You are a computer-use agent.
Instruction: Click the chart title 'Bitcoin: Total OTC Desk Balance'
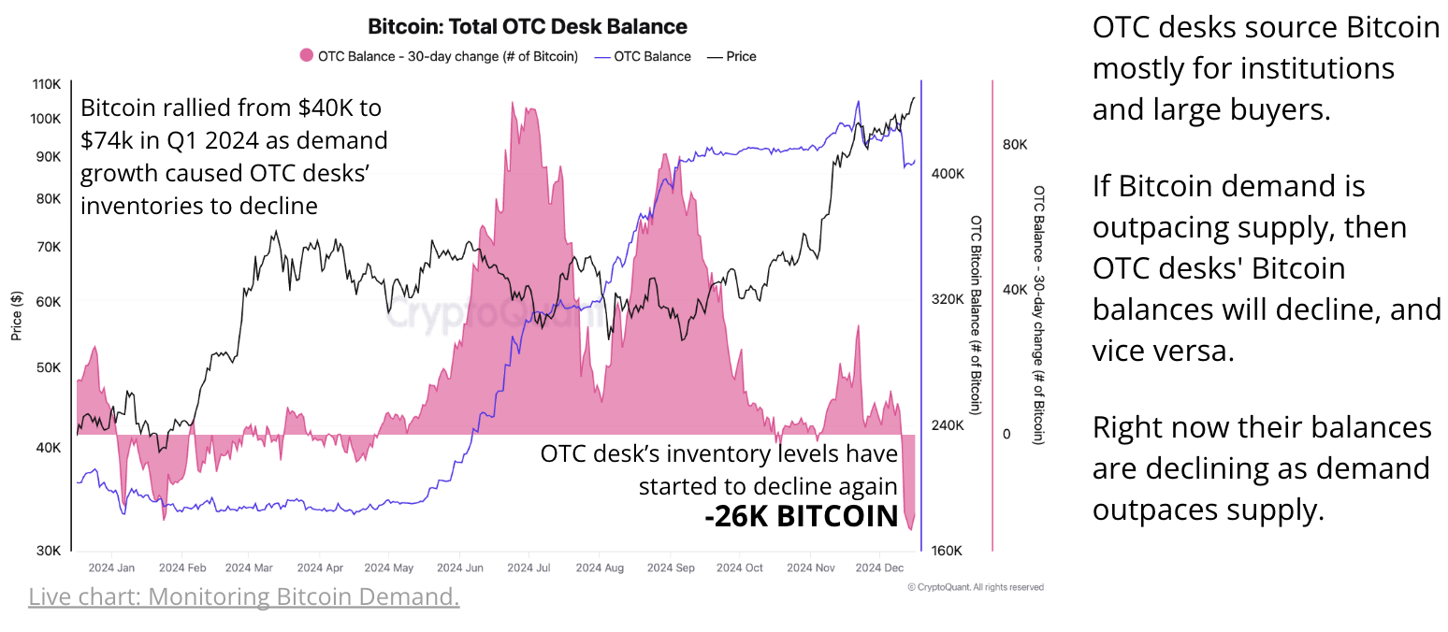(527, 26)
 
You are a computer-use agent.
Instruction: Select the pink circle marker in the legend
(307, 56)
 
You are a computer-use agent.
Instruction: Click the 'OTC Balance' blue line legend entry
(643, 56)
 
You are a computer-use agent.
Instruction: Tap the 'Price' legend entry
(731, 56)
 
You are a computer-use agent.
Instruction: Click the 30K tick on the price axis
(48, 550)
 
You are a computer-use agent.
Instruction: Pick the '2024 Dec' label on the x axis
(880, 567)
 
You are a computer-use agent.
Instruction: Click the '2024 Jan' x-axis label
(111, 567)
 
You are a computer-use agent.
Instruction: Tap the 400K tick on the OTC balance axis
(948, 174)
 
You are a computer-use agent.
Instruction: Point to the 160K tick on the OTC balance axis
(948, 550)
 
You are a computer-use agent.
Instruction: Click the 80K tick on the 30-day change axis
(1016, 145)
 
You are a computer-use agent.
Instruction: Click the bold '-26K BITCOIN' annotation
(801, 516)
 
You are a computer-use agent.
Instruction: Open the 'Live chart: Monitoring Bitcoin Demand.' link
(243, 596)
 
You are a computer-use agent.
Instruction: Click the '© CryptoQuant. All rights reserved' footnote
(976, 587)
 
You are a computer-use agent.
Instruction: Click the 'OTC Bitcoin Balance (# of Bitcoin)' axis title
(976, 313)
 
